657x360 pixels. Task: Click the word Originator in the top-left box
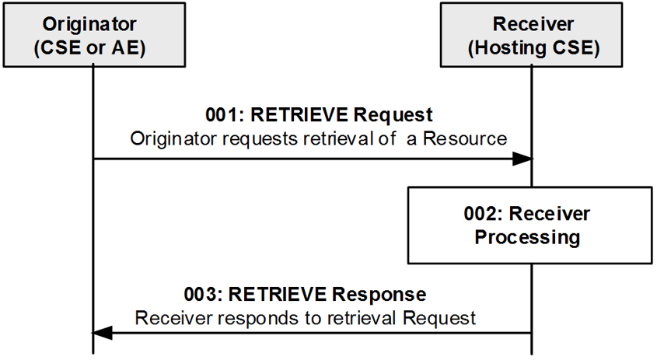click(89, 24)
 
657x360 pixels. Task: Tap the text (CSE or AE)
click(89, 47)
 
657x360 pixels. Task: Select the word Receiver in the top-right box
click(533, 24)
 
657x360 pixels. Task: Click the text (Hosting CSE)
click(533, 47)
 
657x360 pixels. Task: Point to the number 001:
click(225, 115)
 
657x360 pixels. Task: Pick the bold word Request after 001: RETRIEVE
click(393, 115)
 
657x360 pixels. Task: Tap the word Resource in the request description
click(465, 138)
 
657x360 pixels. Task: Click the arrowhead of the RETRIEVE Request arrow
click(522, 159)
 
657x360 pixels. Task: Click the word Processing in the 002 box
click(527, 238)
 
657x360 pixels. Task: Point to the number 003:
click(203, 294)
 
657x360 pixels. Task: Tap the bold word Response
click(379, 295)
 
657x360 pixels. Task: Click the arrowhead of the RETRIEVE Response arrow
click(102, 334)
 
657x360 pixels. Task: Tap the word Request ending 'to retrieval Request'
click(439, 319)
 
